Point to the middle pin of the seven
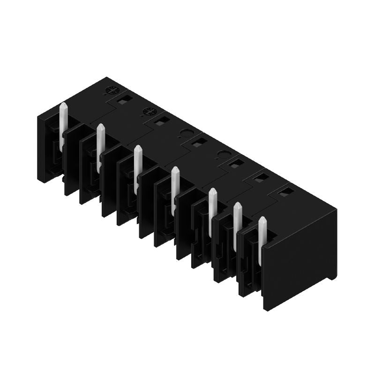175,190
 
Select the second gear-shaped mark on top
149,112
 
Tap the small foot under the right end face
332,277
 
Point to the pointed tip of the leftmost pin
63,105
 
